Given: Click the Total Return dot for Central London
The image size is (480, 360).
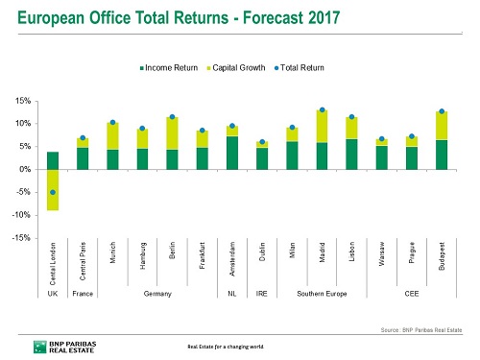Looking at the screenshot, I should (53, 192).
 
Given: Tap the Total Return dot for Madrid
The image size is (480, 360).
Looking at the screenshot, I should (322, 110).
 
